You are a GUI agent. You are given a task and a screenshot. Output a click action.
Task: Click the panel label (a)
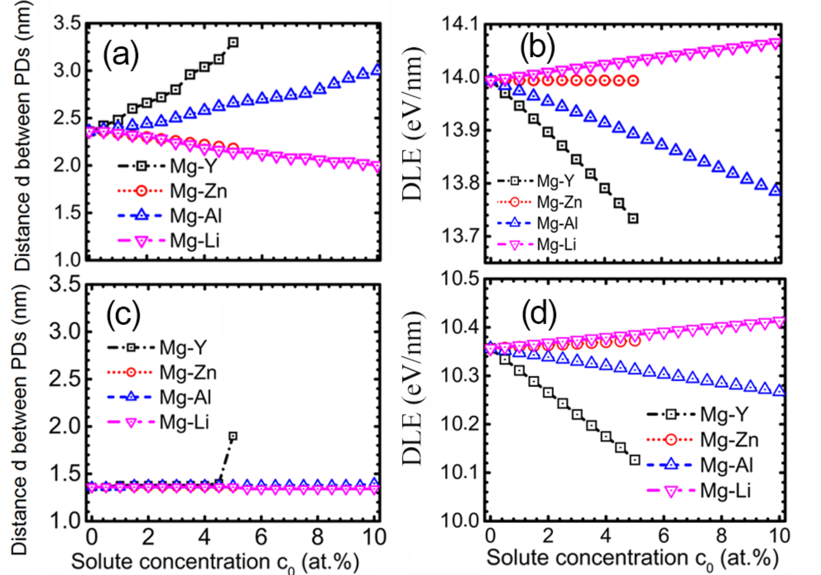[x=121, y=54]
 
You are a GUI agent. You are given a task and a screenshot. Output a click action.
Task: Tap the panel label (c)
[x=123, y=315]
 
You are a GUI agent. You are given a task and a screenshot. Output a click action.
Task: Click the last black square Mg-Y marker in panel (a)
[x=233, y=43]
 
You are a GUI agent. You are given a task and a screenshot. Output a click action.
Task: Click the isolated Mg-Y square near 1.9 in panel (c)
[x=233, y=436]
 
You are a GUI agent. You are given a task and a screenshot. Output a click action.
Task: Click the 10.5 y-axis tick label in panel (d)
[x=460, y=279]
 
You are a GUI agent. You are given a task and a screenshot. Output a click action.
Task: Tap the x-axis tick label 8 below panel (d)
[x=721, y=535]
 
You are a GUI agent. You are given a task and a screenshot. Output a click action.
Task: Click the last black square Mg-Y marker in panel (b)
[x=633, y=219]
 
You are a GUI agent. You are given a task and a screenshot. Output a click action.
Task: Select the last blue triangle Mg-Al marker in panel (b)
[x=775, y=190]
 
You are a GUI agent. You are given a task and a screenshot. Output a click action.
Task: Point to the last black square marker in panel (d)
[x=635, y=460]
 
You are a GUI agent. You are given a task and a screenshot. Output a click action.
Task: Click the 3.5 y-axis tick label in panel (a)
[x=67, y=23]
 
